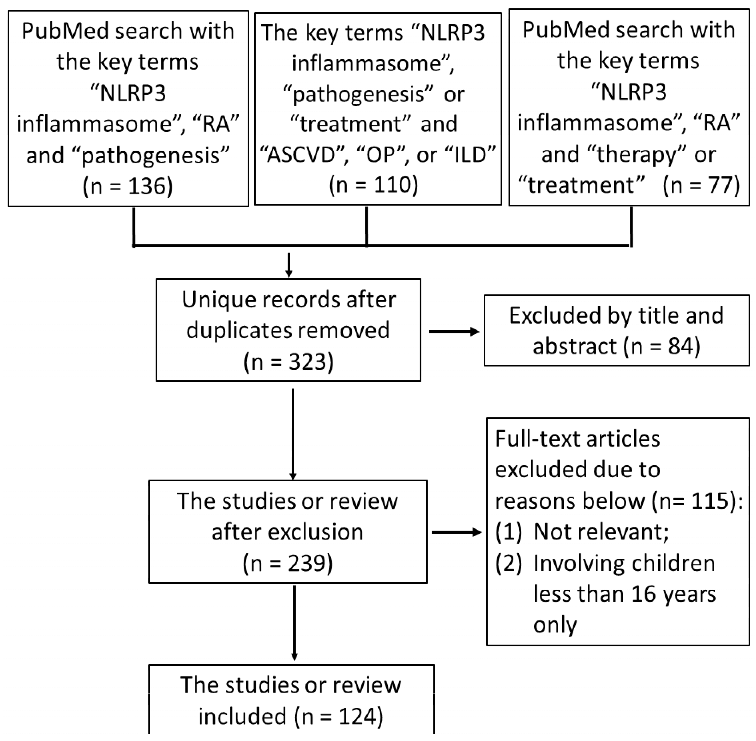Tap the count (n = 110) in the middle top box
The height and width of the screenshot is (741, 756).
pos(373,184)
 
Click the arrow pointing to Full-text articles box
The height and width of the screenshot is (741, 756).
pos(456,532)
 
